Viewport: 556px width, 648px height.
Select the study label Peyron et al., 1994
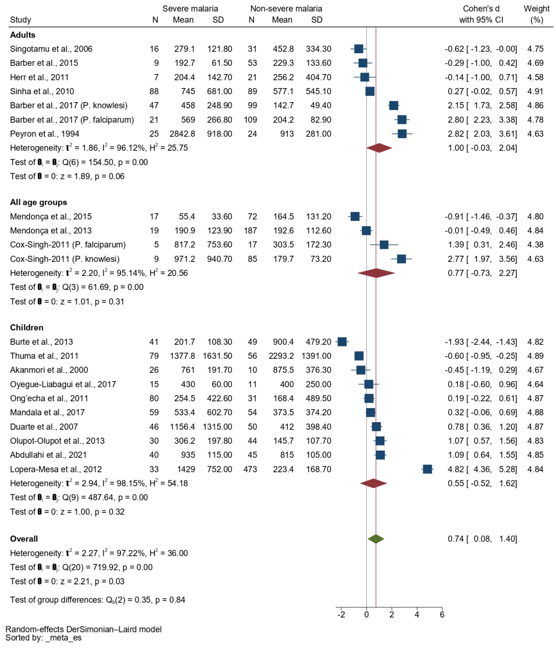44,134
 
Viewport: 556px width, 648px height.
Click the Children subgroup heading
27,327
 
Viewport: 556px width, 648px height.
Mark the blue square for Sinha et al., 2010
370,91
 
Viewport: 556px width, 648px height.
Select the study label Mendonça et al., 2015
51,216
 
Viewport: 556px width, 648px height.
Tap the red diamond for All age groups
376,273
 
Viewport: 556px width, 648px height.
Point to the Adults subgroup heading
23,35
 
